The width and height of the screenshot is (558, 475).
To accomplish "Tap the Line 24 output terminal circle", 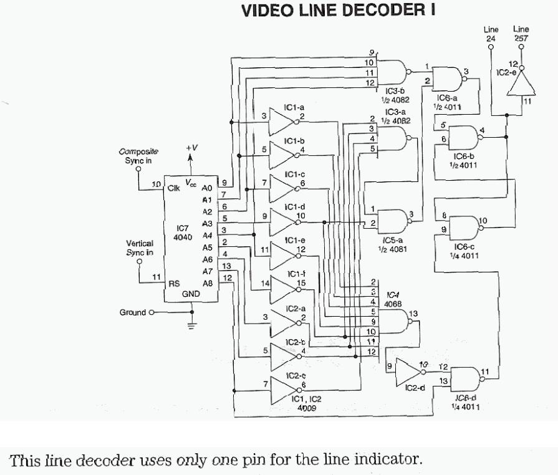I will pos(491,46).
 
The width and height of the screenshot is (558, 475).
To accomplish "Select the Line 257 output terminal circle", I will pos(521,46).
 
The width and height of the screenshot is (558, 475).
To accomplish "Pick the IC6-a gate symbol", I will pos(450,78).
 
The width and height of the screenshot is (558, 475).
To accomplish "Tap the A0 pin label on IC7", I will pos(208,187).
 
